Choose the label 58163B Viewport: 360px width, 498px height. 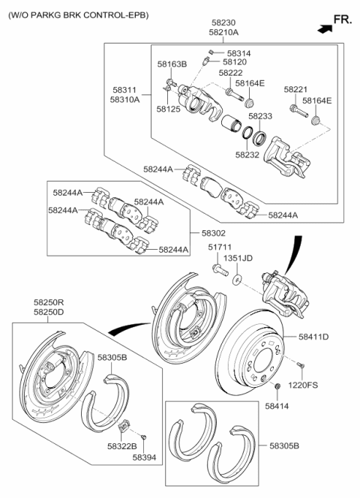(172, 64)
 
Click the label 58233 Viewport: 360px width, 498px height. (259, 116)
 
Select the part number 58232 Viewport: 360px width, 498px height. (247, 154)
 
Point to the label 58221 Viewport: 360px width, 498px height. (296, 90)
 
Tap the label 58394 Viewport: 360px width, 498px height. (145, 455)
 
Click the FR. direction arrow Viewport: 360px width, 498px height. (325, 29)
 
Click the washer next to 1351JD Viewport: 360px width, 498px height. (237, 279)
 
